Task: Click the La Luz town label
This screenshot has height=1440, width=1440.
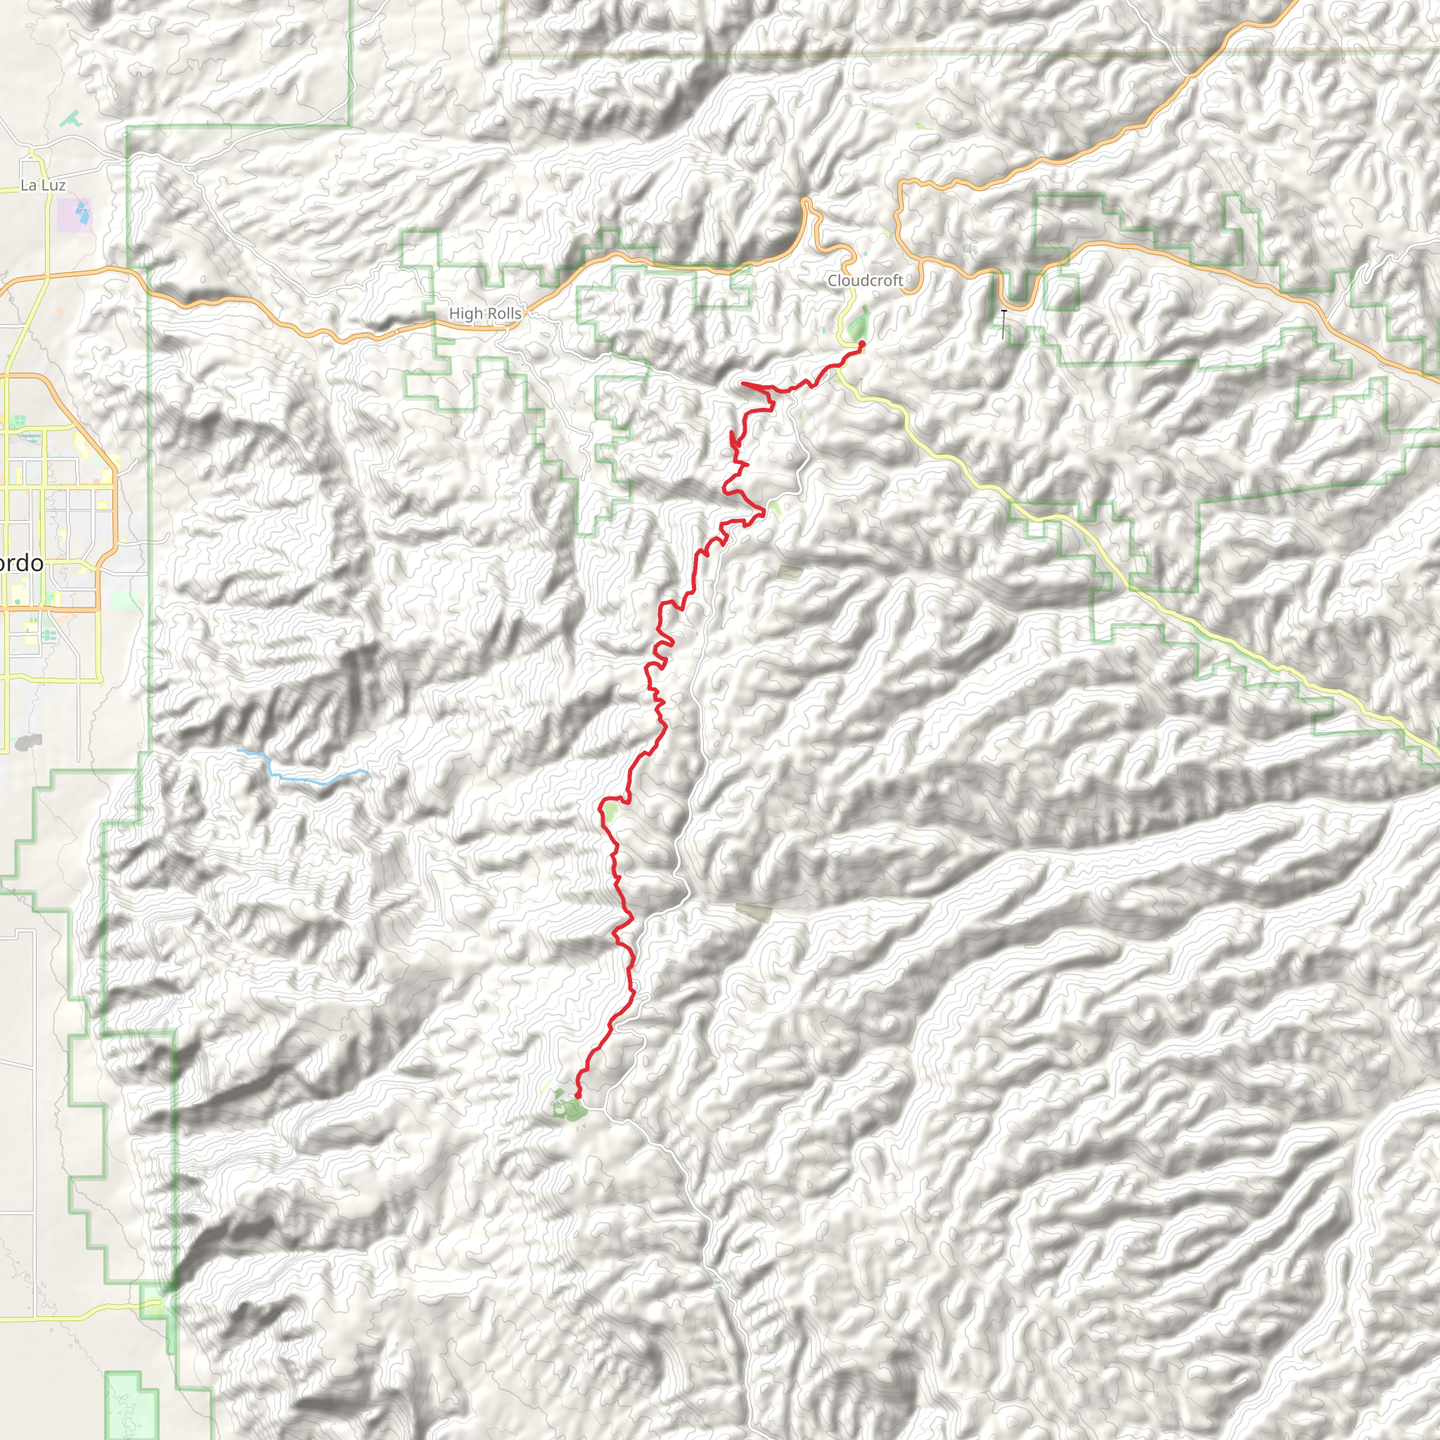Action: click(42, 185)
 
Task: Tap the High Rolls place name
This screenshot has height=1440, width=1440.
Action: click(484, 314)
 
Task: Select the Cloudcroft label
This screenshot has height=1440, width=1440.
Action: click(865, 281)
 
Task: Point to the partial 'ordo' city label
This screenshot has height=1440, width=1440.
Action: click(21, 562)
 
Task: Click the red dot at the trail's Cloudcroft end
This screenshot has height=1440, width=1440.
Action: click(861, 344)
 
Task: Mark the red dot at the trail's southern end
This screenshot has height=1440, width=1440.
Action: click(578, 1095)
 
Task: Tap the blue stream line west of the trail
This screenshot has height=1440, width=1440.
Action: click(306, 778)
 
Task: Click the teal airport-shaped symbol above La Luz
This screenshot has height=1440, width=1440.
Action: click(72, 117)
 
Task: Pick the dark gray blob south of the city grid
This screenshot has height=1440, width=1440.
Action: click(27, 742)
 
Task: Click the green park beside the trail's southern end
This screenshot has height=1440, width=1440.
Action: click(570, 1110)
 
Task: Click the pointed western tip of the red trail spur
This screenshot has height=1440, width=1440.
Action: click(742, 383)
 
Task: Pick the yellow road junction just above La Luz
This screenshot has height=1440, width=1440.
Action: click(32, 155)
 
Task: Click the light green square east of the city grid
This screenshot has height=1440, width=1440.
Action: click(127, 600)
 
